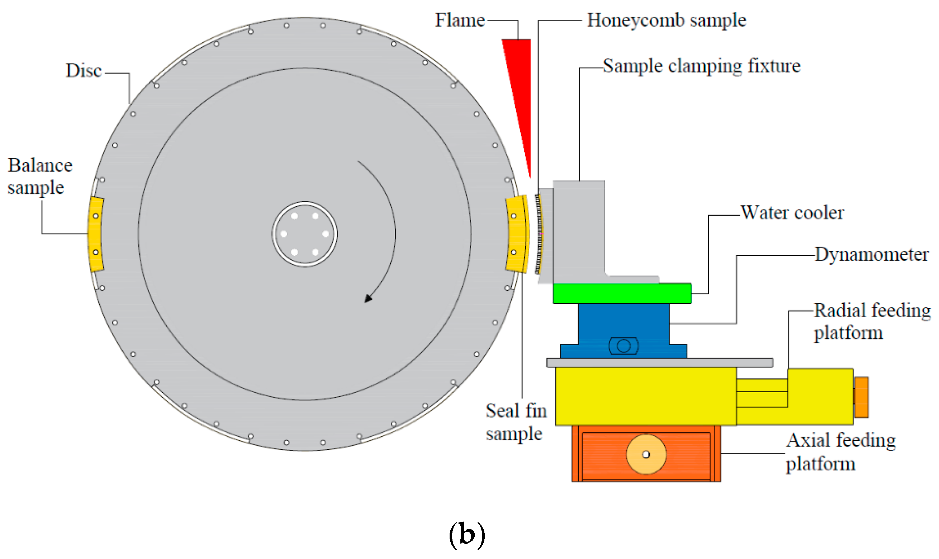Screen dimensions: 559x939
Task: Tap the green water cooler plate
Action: click(x=622, y=293)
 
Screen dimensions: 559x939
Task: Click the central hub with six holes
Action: click(x=305, y=234)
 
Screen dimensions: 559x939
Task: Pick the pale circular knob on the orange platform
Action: click(x=646, y=454)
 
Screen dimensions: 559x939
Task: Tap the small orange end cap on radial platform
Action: click(x=861, y=398)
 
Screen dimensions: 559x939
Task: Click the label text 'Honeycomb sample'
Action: click(x=666, y=20)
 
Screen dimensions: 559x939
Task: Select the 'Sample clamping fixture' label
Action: click(x=702, y=66)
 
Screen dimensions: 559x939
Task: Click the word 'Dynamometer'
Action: click(x=871, y=255)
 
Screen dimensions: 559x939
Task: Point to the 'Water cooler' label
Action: click(x=792, y=212)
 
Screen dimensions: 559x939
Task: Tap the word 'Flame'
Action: click(x=460, y=20)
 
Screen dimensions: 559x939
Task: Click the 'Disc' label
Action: click(x=84, y=70)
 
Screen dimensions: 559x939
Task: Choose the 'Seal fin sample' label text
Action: click(x=516, y=422)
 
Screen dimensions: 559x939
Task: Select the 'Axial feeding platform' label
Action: click(x=840, y=452)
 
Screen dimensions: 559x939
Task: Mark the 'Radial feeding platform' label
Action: click(x=872, y=322)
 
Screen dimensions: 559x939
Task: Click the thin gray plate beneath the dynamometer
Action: click(x=659, y=362)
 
